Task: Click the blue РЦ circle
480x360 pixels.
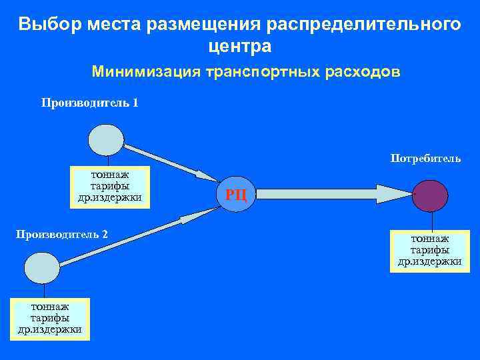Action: (237, 194)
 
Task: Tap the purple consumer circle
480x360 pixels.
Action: (430, 195)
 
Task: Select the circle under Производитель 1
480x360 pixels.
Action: (107, 140)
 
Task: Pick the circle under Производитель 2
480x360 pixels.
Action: (42, 267)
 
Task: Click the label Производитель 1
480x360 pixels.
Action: (90, 103)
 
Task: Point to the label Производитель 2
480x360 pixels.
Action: (62, 235)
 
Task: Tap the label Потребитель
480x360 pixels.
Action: (425, 159)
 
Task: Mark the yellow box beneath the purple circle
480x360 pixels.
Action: (430, 250)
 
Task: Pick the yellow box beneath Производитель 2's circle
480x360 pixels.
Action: (50, 318)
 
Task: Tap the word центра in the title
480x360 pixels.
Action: (240, 47)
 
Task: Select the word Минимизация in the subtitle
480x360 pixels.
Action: (145, 72)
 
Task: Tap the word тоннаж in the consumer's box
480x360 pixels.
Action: (430, 239)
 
